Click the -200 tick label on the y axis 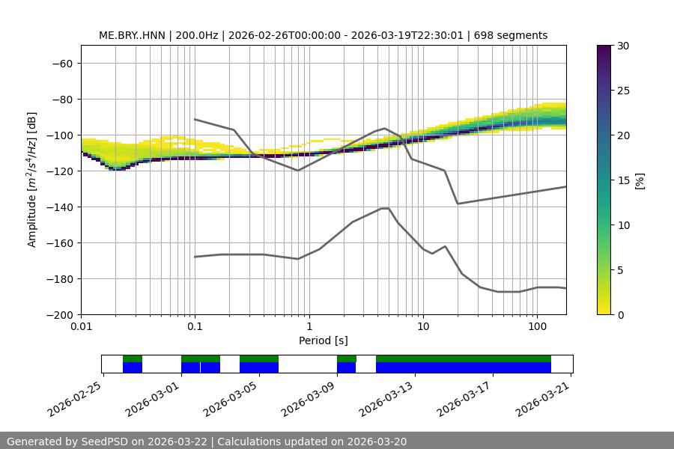60,314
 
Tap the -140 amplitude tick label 60,207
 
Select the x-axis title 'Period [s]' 324,340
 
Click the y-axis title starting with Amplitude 32,180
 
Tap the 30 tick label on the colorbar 623,46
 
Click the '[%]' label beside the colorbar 640,180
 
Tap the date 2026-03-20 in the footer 377,442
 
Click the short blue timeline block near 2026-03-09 346,367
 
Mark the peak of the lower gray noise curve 385,208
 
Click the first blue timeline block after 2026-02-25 133,367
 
